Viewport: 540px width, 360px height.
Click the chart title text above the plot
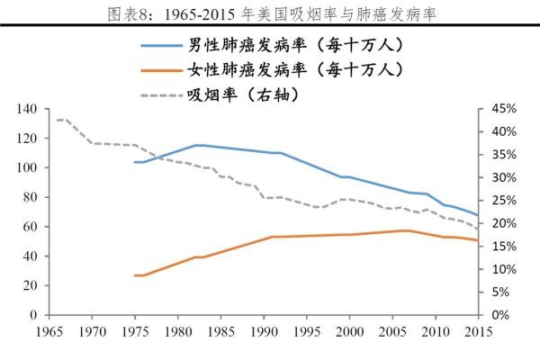click(x=270, y=13)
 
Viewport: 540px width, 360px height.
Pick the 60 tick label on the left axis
click(x=29, y=227)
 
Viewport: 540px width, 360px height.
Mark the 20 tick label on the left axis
click(x=29, y=285)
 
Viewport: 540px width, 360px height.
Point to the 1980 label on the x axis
click(x=177, y=333)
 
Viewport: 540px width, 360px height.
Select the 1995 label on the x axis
click(x=308, y=333)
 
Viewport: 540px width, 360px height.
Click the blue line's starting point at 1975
click(x=134, y=162)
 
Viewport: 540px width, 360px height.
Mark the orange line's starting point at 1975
click(x=134, y=275)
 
